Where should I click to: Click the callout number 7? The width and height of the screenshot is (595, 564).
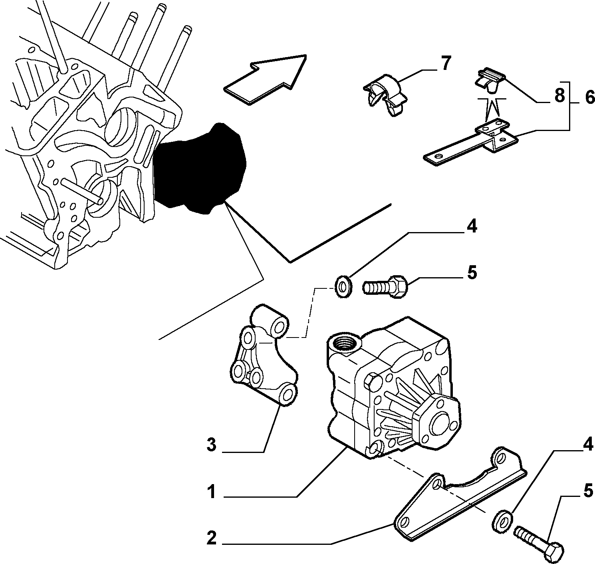click(444, 63)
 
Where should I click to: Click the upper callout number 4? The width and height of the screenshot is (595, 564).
click(472, 227)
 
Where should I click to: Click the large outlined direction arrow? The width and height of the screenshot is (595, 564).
click(265, 79)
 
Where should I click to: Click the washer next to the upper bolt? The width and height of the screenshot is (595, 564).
click(343, 286)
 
